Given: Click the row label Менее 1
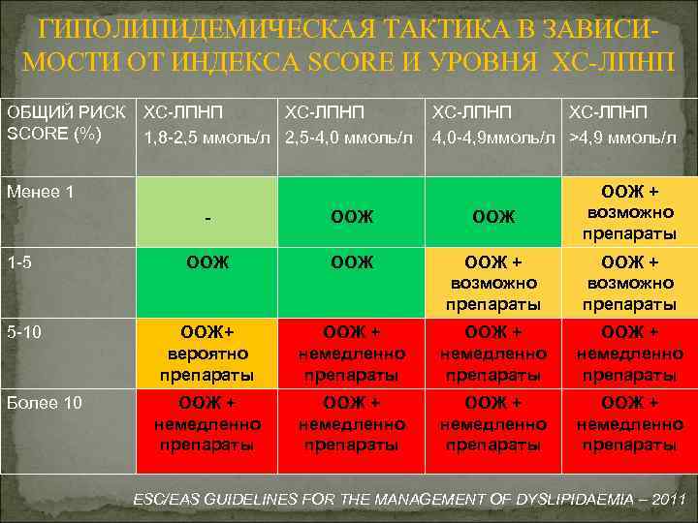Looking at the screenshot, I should click(40, 192).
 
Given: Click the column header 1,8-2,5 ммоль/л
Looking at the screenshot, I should click(208, 137).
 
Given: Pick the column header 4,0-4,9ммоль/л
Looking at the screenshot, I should click(493, 137).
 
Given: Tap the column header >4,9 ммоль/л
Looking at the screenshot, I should click(623, 137).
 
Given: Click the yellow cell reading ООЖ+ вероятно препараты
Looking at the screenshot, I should click(209, 354).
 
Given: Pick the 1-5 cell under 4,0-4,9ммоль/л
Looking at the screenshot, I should click(493, 283).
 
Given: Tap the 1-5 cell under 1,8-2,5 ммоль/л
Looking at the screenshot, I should click(209, 261).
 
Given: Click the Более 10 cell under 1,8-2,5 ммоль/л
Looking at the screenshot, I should click(209, 423).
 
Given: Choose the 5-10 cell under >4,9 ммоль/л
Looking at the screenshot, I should click(629, 354).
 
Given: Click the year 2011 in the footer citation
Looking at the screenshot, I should click(668, 500).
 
